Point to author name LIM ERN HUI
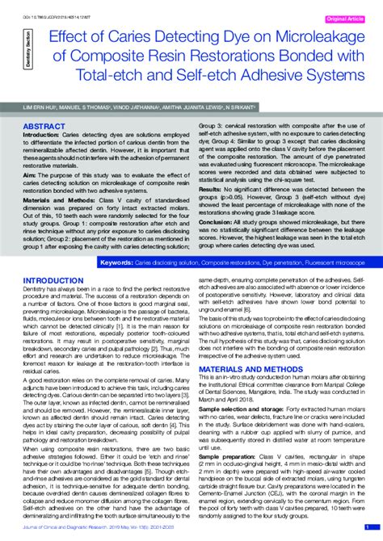click(x=40, y=107)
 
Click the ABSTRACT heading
click(x=44, y=128)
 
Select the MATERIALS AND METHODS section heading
click(x=239, y=368)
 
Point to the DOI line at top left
click(x=56, y=6)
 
